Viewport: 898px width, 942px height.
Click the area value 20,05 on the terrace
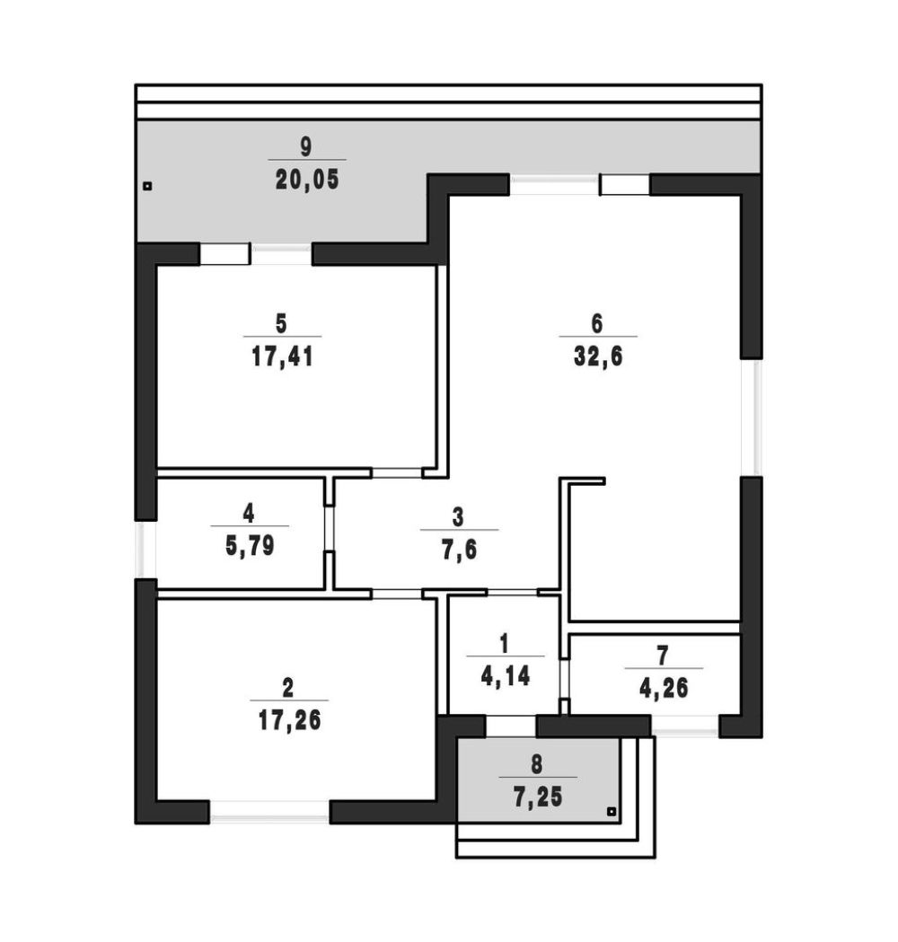[x=307, y=180]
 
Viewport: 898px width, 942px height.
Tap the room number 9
[x=305, y=146]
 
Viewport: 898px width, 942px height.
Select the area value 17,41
[x=282, y=357]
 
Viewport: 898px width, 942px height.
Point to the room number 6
[x=596, y=323]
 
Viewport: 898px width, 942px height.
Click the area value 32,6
[x=598, y=357]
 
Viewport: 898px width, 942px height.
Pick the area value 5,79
[x=250, y=546]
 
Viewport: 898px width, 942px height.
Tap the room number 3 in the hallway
[x=458, y=516]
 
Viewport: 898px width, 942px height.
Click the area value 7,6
[x=459, y=550]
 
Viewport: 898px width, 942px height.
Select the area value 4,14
[x=506, y=676]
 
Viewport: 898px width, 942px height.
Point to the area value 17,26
[x=289, y=720]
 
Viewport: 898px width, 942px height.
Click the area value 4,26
[x=663, y=689]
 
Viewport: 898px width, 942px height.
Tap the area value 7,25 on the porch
[x=538, y=797]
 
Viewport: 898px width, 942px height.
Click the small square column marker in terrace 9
[x=147, y=186]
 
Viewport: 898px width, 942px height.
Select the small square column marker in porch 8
[x=611, y=812]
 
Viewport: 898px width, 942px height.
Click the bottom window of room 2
[x=269, y=812]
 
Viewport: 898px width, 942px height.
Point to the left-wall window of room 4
[x=146, y=550]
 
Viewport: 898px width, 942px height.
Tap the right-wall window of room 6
[x=752, y=418]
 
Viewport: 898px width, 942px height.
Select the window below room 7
[x=685, y=726]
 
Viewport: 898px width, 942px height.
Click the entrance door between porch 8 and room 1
[x=511, y=726]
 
